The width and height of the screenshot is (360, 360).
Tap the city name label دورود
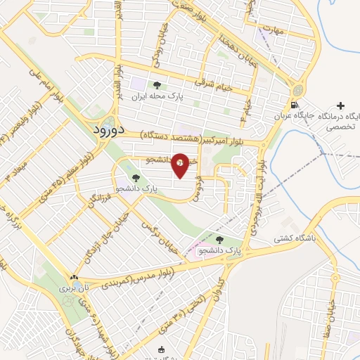[109, 130]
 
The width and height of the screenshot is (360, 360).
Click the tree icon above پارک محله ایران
[156, 85]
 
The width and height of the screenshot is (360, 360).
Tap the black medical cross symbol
[341, 105]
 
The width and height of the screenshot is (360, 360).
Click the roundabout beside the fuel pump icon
[297, 91]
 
